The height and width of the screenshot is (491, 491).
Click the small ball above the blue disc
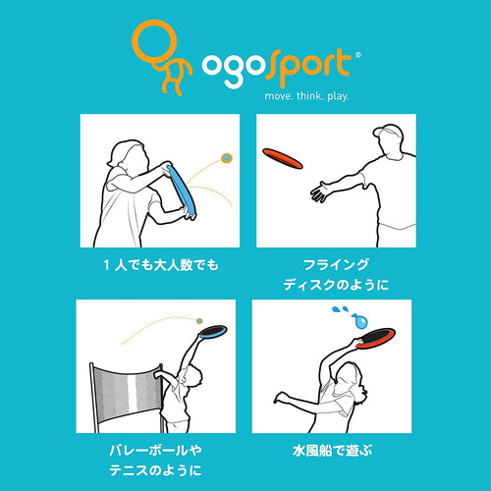(226, 156)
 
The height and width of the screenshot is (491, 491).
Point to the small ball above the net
(197, 320)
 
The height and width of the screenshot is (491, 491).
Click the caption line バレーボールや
(157, 450)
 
